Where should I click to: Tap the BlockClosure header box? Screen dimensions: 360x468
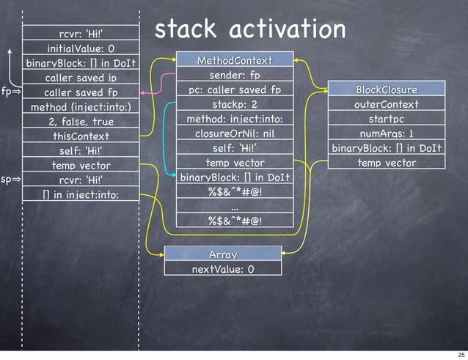click(x=387, y=89)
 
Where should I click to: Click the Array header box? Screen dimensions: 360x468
click(x=222, y=254)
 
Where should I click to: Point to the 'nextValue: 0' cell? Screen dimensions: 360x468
click(x=222, y=269)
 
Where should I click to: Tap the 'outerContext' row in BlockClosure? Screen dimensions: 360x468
click(x=387, y=104)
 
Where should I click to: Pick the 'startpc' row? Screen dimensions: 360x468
click(x=387, y=119)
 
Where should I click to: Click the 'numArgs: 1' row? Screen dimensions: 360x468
click(x=387, y=133)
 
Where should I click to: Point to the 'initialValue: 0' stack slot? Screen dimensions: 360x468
click(x=81, y=48)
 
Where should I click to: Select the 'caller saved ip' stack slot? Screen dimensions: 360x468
click(x=81, y=78)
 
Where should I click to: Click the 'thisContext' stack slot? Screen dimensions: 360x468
click(x=81, y=136)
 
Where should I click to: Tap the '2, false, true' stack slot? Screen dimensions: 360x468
click(x=81, y=122)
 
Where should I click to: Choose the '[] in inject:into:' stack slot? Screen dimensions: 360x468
click(x=81, y=194)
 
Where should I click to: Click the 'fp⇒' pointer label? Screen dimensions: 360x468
click(x=10, y=92)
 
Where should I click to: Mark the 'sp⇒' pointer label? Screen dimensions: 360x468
click(x=10, y=179)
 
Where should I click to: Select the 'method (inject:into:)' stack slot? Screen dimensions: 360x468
click(x=81, y=107)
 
